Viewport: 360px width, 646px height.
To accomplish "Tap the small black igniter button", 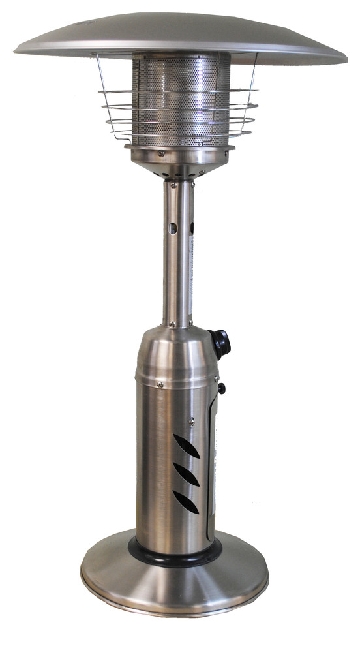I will pyautogui.click(x=221, y=389).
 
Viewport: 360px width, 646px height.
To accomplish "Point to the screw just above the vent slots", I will pyautogui.click(x=192, y=420).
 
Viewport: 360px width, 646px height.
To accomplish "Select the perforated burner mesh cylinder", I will pyautogui.click(x=181, y=98).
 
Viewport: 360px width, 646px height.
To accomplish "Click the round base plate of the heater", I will pyautogui.click(x=174, y=587).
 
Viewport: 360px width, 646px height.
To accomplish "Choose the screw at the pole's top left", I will pyautogui.click(x=173, y=185).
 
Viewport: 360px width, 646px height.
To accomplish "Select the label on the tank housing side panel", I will pyautogui.click(x=211, y=470).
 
